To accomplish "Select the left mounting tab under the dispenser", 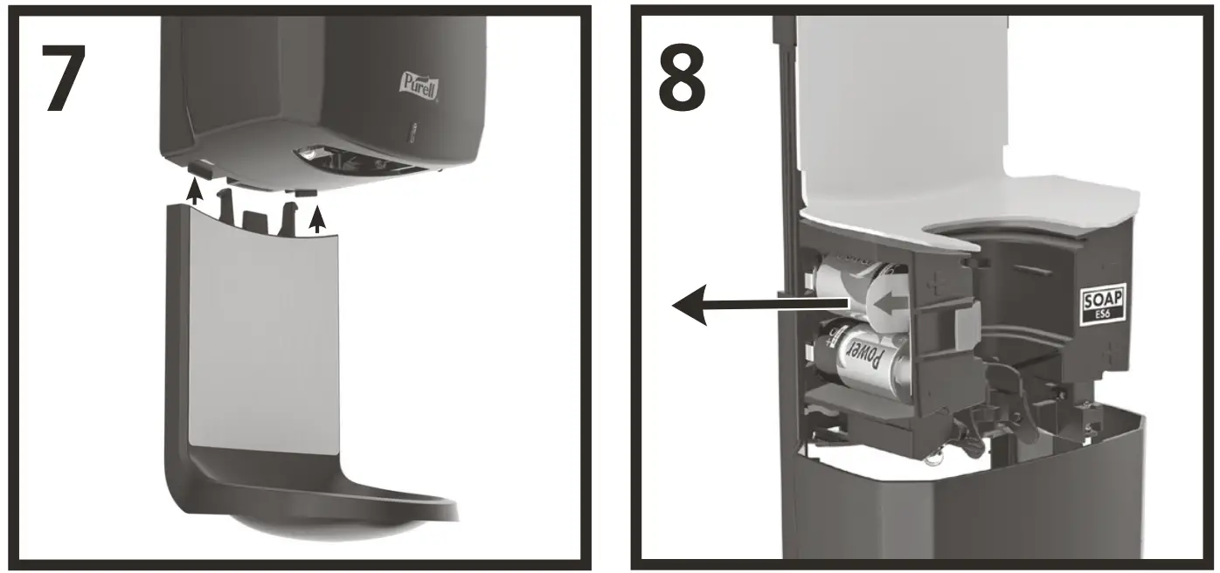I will pyautogui.click(x=199, y=166).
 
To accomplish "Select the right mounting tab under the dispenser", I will pyautogui.click(x=306, y=190).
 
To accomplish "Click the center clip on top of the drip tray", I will pyautogui.click(x=254, y=221).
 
